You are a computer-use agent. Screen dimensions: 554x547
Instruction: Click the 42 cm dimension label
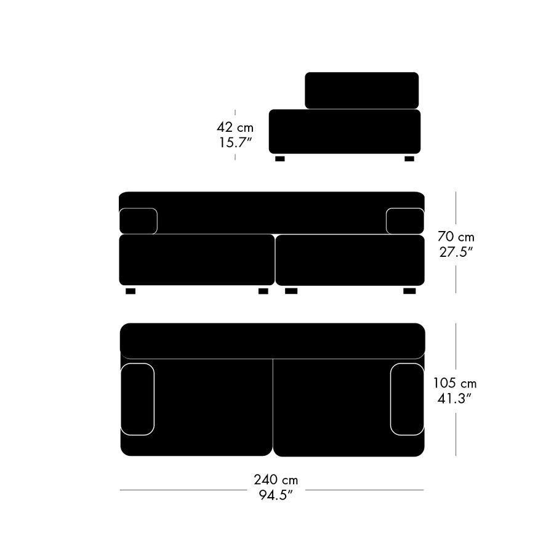click(235, 127)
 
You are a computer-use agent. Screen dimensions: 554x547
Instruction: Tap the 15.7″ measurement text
click(235, 142)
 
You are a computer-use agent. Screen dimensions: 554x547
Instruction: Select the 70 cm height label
click(456, 236)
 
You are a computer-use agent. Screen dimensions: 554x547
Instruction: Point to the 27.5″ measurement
click(456, 252)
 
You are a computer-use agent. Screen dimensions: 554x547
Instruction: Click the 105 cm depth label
click(455, 383)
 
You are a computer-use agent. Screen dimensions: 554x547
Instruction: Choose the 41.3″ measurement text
click(455, 399)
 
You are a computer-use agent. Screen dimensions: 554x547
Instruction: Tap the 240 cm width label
click(276, 479)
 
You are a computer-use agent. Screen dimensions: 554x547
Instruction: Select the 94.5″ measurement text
click(276, 495)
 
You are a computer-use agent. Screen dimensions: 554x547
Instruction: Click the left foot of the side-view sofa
click(280, 159)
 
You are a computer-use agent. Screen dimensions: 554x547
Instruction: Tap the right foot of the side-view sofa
click(409, 159)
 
